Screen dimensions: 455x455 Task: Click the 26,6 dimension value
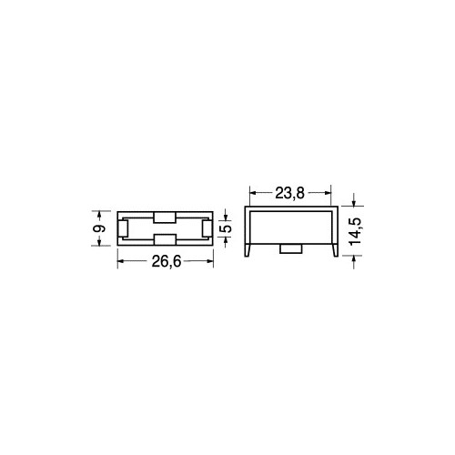(167, 261)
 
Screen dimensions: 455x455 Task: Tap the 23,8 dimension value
(289, 193)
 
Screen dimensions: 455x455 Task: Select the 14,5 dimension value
(355, 230)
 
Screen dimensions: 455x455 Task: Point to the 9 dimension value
(100, 228)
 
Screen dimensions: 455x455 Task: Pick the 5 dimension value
(227, 228)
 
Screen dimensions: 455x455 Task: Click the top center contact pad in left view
(165, 217)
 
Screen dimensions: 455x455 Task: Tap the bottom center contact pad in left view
(165, 239)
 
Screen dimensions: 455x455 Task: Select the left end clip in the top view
(123, 228)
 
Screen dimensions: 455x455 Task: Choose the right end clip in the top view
(207, 228)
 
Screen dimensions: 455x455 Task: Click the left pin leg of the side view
(248, 250)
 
